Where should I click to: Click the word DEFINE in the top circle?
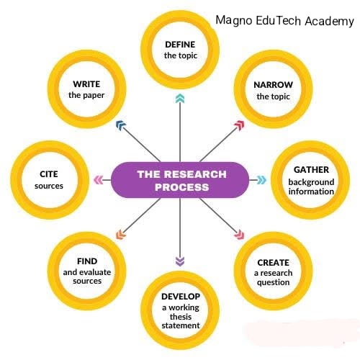180,45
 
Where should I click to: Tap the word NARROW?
273,85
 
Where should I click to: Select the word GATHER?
311,170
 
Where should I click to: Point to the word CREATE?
273,263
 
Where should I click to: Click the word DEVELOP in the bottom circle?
181,297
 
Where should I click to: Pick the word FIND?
87,261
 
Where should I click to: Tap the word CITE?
49,174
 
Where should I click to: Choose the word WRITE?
86,84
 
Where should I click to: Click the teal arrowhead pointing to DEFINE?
180,99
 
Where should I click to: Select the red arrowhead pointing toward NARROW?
240,125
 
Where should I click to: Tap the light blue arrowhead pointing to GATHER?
261,180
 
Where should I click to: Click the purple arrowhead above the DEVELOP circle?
180,261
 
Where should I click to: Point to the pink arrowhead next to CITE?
99,180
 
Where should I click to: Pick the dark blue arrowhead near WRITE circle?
121,125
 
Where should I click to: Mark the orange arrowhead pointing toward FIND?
121,235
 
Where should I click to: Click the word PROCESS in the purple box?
182,187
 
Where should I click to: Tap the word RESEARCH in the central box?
195,174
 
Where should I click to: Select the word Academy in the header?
330,22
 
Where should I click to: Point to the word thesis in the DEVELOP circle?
181,317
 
